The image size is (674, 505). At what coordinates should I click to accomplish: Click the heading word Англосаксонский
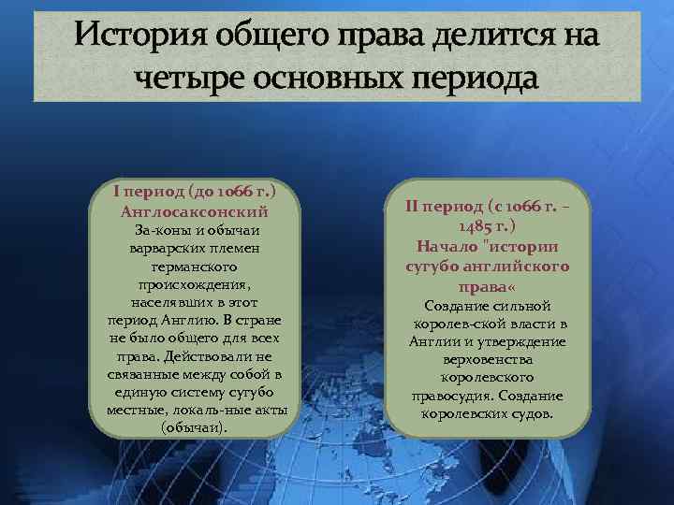click(x=196, y=211)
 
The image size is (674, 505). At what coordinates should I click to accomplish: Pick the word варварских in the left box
click(x=163, y=248)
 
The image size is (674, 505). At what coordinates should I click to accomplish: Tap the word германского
click(x=197, y=266)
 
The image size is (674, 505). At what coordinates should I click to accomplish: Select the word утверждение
click(x=520, y=341)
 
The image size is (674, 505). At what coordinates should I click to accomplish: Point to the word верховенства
click(x=488, y=359)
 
